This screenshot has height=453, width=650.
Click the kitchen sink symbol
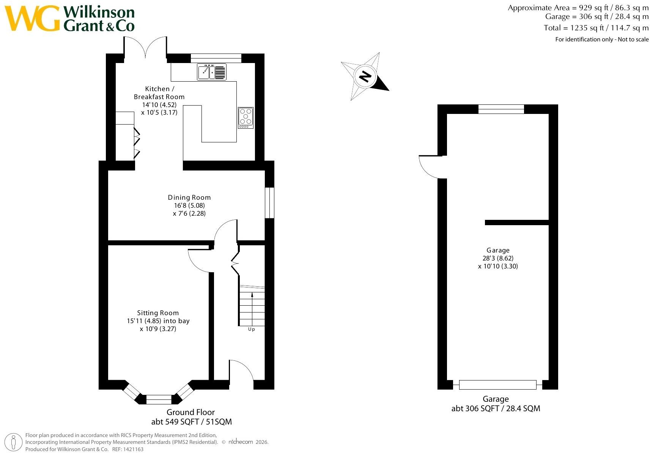212,72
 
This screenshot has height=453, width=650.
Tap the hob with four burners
246,118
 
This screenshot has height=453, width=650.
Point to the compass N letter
365,77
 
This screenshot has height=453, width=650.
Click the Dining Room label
189,197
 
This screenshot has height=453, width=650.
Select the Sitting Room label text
158,313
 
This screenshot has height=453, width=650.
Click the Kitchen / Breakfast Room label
159,93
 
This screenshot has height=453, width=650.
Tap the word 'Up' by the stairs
251,329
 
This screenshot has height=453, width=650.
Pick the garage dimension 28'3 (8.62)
498,258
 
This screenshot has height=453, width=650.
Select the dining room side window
269,203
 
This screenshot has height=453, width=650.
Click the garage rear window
501,109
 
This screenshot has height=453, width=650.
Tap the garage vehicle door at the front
498,385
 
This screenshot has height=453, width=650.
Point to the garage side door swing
427,171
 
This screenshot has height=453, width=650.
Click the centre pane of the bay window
159,399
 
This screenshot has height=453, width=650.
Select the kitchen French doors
145,46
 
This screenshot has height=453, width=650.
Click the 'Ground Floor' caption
190,412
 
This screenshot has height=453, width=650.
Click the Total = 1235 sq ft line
596,28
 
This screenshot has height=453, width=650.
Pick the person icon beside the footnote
13,442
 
